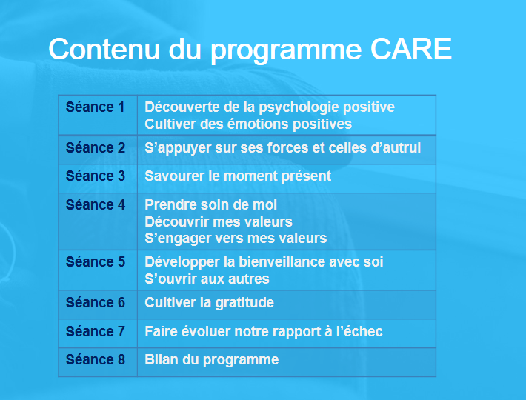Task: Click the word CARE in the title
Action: (x=411, y=49)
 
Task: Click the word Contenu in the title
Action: (x=104, y=49)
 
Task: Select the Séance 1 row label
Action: (x=96, y=107)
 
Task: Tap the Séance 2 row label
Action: (x=96, y=148)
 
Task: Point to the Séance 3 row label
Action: (x=96, y=176)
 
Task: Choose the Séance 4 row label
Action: (x=96, y=205)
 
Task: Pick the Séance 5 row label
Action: (x=96, y=262)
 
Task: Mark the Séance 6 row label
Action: (x=96, y=303)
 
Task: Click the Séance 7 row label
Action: (x=96, y=332)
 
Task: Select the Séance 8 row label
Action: (x=96, y=360)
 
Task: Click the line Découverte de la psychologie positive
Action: (x=270, y=107)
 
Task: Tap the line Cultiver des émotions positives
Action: (x=248, y=124)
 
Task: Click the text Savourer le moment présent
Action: (x=238, y=176)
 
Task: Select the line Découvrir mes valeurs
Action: (x=219, y=222)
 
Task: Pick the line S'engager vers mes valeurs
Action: (x=236, y=239)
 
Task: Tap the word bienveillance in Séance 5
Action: (x=282, y=262)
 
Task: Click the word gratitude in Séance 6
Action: (x=244, y=303)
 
